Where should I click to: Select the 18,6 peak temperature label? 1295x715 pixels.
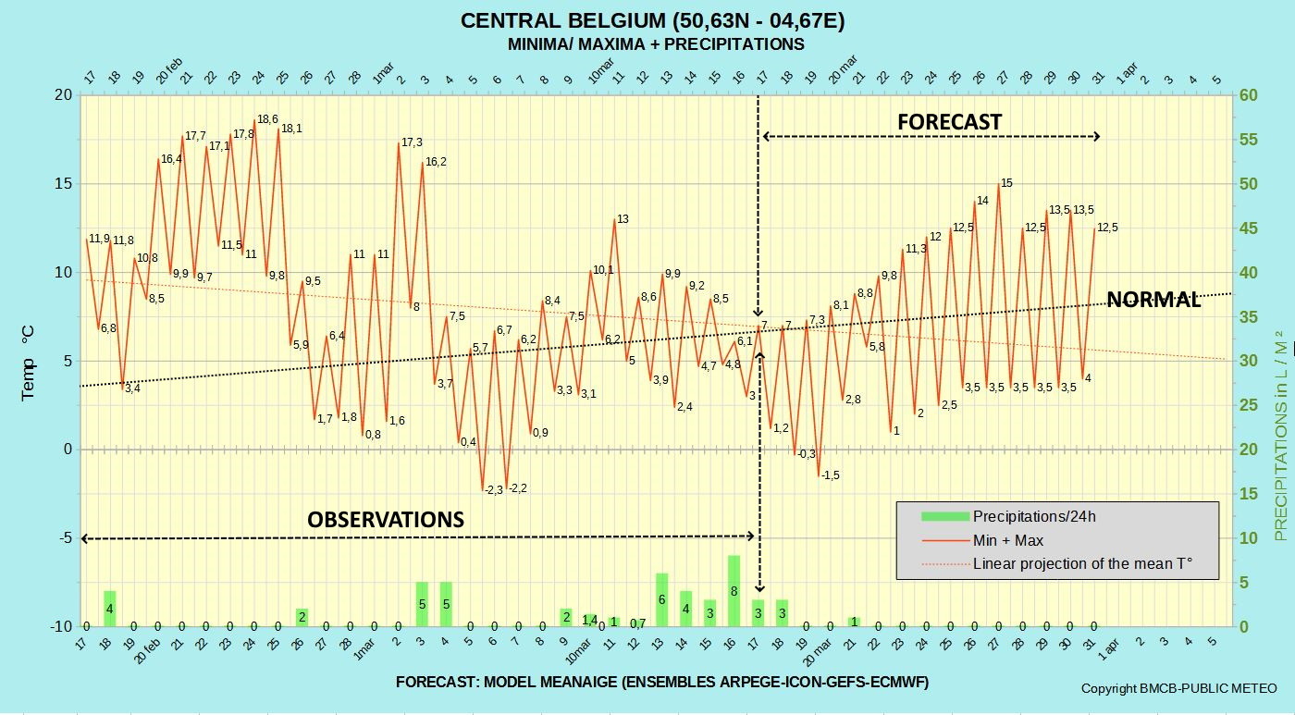(267, 119)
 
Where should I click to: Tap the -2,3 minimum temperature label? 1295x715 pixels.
(494, 490)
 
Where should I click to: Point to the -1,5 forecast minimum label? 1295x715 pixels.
(831, 475)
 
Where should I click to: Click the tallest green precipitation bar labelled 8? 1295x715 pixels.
(734, 591)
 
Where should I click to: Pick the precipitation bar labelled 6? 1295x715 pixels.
(662, 600)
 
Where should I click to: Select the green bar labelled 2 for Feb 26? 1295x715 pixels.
(302, 617)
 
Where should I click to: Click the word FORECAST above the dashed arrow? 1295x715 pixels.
(949, 122)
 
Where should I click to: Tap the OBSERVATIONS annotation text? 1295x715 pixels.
(386, 520)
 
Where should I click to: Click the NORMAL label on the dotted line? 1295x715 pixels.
(1153, 300)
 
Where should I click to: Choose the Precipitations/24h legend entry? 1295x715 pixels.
(1009, 516)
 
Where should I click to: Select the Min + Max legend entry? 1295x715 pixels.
(982, 540)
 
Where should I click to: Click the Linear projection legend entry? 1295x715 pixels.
(1057, 563)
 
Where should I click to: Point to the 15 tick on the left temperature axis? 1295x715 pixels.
(64, 184)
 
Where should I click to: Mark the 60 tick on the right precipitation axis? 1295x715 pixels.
(1249, 95)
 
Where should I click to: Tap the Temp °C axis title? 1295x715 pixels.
(28, 363)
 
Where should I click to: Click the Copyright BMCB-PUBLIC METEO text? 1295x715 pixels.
(1178, 688)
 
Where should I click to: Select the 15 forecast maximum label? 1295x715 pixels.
(1006, 183)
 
